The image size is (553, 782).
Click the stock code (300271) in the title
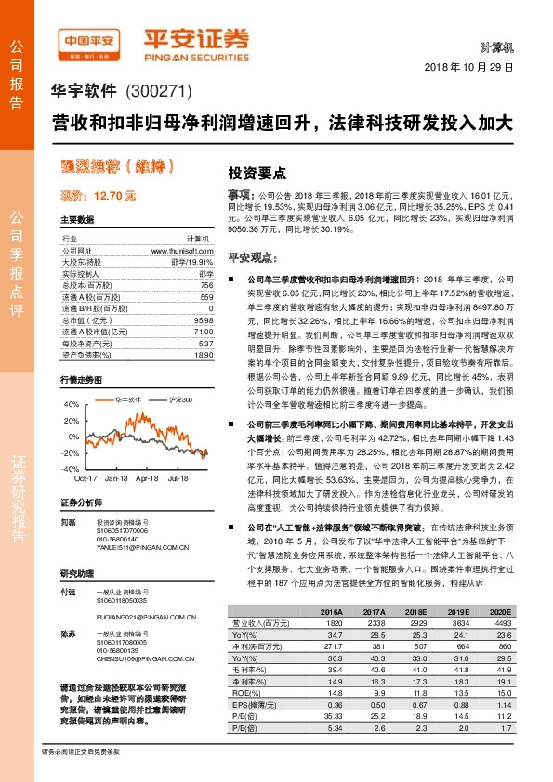coord(157,92)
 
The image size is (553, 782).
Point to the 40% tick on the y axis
coord(72,405)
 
